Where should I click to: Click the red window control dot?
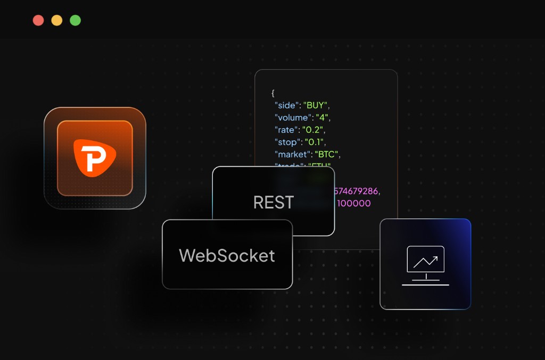click(x=38, y=21)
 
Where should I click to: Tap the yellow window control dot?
click(x=57, y=21)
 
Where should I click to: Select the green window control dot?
click(x=75, y=21)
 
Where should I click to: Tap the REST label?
click(x=274, y=203)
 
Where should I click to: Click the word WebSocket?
click(x=227, y=256)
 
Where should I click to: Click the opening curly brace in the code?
click(x=273, y=93)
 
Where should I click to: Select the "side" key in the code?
click(x=287, y=105)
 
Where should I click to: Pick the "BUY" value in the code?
click(x=316, y=105)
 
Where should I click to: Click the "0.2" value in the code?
click(x=315, y=130)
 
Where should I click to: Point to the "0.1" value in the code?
click(x=315, y=142)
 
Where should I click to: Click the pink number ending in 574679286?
click(x=358, y=190)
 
